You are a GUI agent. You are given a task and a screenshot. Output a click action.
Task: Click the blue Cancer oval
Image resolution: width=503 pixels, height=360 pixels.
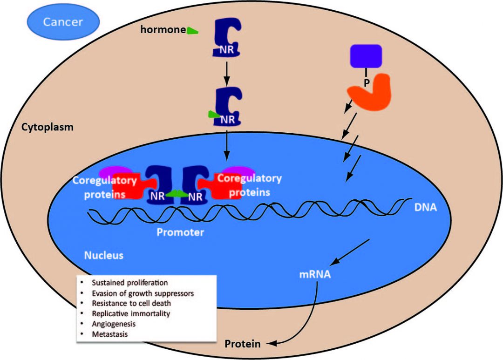click(63, 22)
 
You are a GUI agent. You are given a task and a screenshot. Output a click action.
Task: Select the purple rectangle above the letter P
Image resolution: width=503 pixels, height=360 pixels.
click(366, 56)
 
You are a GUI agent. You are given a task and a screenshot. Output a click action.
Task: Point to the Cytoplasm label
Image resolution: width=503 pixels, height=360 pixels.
click(48, 127)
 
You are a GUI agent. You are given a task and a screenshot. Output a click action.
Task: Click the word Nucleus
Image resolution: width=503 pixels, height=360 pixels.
click(103, 255)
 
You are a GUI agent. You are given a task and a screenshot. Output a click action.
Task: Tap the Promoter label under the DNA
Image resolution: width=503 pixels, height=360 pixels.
click(180, 232)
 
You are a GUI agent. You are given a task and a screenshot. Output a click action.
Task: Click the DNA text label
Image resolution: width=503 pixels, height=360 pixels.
click(425, 208)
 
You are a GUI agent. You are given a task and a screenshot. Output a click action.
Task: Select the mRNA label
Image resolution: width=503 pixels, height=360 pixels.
click(315, 274)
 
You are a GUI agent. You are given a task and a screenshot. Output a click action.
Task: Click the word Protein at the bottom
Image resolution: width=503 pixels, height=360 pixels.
click(243, 345)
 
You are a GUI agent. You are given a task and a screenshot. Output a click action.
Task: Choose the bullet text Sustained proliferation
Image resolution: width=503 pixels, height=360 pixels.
click(129, 283)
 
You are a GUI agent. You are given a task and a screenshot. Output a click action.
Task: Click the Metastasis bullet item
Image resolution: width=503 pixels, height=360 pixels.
click(109, 334)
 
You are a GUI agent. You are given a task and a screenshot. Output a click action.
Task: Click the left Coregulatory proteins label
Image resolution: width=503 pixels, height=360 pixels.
click(105, 187)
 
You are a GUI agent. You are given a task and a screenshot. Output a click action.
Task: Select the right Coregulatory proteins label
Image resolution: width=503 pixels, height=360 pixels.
click(249, 185)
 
